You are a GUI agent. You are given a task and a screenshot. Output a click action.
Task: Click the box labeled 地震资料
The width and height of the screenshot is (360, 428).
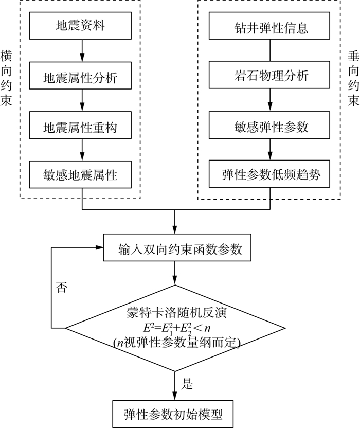click(x=80, y=26)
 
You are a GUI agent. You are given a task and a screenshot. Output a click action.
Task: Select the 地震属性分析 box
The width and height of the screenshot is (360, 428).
click(x=80, y=76)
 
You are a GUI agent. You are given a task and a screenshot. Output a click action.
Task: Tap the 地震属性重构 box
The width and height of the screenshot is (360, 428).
click(x=80, y=125)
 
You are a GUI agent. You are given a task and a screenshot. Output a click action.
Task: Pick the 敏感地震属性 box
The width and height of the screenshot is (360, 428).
click(x=80, y=174)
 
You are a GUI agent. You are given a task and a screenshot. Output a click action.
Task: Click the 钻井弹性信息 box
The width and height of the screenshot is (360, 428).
click(x=269, y=26)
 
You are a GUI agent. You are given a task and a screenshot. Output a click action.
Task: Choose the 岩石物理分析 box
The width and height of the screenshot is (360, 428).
click(x=269, y=75)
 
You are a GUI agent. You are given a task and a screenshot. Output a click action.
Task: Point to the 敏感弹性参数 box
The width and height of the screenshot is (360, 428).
click(x=269, y=125)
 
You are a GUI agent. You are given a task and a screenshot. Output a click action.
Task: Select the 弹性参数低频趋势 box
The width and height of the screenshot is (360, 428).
click(x=269, y=174)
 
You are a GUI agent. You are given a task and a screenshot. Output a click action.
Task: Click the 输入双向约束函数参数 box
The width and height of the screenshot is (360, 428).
click(x=177, y=247)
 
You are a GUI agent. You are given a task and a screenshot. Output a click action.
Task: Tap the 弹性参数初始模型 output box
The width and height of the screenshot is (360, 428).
click(x=173, y=414)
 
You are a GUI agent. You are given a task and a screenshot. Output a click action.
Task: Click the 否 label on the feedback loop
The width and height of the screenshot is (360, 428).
click(x=61, y=288)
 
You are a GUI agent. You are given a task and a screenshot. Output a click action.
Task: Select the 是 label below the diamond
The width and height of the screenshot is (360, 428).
click(x=187, y=384)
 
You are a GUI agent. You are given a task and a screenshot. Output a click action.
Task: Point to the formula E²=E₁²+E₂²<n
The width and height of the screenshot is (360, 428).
click(x=177, y=328)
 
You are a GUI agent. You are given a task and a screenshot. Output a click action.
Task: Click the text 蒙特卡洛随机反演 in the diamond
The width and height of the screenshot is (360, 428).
click(x=176, y=313)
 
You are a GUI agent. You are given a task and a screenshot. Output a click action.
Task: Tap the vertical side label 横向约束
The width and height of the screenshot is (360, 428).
click(x=6, y=78)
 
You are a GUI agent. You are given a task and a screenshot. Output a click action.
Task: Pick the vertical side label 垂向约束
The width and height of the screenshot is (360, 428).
click(x=353, y=78)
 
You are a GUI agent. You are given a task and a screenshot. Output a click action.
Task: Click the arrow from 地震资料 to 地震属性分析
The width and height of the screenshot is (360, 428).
click(x=82, y=50)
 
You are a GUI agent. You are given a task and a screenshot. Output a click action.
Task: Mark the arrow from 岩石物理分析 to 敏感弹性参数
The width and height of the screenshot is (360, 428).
click(x=270, y=100)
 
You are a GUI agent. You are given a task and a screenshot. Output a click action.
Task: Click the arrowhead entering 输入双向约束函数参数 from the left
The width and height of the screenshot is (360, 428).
click(x=99, y=247)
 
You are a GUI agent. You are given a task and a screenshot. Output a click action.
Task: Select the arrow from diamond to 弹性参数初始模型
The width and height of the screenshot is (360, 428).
click(x=175, y=386)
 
